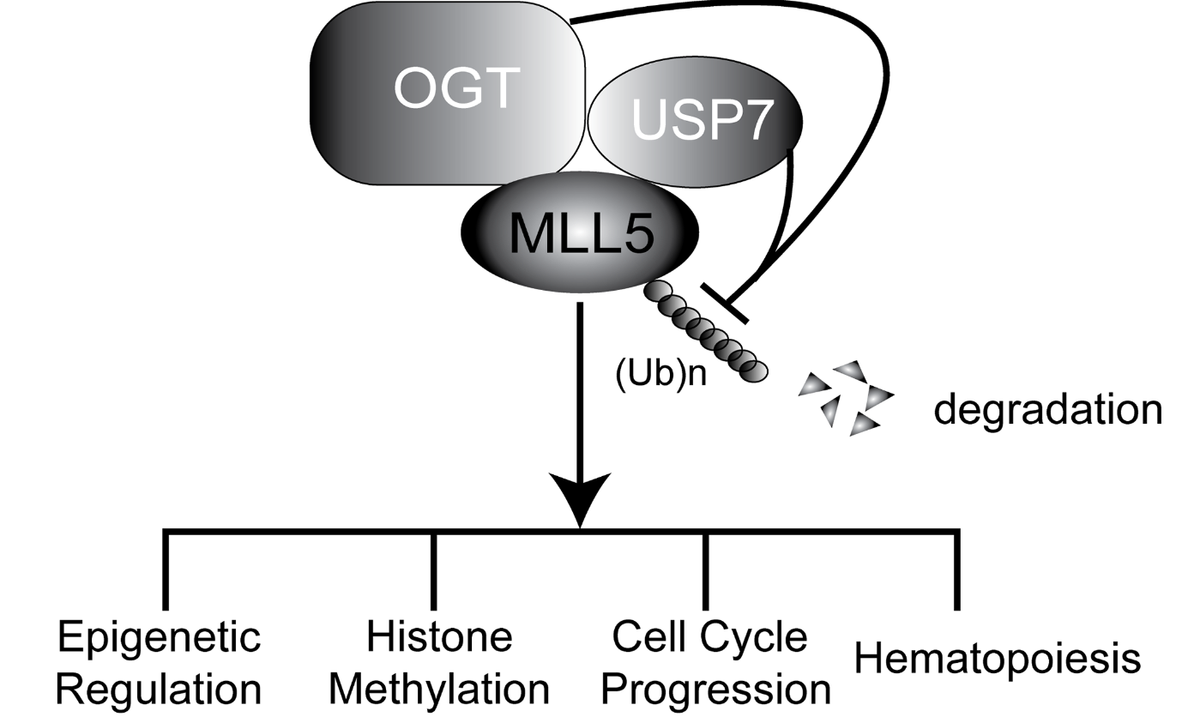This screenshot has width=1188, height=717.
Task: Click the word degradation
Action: click(x=1047, y=410)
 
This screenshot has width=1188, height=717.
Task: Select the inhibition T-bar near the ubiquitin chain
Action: click(x=725, y=303)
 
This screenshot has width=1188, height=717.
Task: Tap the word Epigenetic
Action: click(x=159, y=638)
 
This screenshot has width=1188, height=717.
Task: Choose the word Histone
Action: click(x=438, y=638)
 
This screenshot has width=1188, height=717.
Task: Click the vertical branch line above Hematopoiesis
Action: click(x=956, y=570)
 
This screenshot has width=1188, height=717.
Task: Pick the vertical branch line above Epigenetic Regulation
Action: click(x=165, y=570)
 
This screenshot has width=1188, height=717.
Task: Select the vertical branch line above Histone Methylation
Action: click(x=434, y=570)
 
